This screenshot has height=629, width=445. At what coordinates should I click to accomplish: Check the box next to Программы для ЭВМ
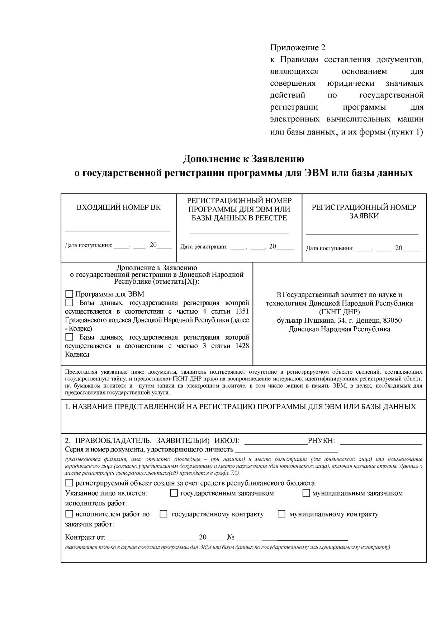pos(69,294)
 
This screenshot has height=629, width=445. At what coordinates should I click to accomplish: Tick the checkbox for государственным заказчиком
pos(174,493)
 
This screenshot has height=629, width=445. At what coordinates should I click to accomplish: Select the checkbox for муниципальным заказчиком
pos(306,493)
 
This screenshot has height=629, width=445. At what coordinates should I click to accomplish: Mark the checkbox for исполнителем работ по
pos(69,514)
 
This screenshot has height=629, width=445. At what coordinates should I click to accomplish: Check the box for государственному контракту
pos(164,514)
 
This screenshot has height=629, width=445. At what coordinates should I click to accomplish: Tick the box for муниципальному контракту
pos(281,514)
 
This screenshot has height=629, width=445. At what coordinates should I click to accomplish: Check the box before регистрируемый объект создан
pos(69,483)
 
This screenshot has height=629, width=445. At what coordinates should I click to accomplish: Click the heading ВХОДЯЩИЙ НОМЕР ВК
pos(119,207)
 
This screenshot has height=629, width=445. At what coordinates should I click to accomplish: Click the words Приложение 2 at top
pos(298,48)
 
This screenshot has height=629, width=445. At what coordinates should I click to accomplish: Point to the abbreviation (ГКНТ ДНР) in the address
pos(339,312)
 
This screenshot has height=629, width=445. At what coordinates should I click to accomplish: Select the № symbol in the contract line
pos(231,537)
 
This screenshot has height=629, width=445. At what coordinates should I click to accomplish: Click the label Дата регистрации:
pos(204,247)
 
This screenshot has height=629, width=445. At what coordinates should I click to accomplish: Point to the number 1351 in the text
pos(242,311)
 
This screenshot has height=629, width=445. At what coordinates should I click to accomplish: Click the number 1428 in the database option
pos(242,346)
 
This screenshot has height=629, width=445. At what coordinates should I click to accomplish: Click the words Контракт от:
pos(85,537)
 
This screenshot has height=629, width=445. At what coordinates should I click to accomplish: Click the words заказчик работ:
pos(89,524)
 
